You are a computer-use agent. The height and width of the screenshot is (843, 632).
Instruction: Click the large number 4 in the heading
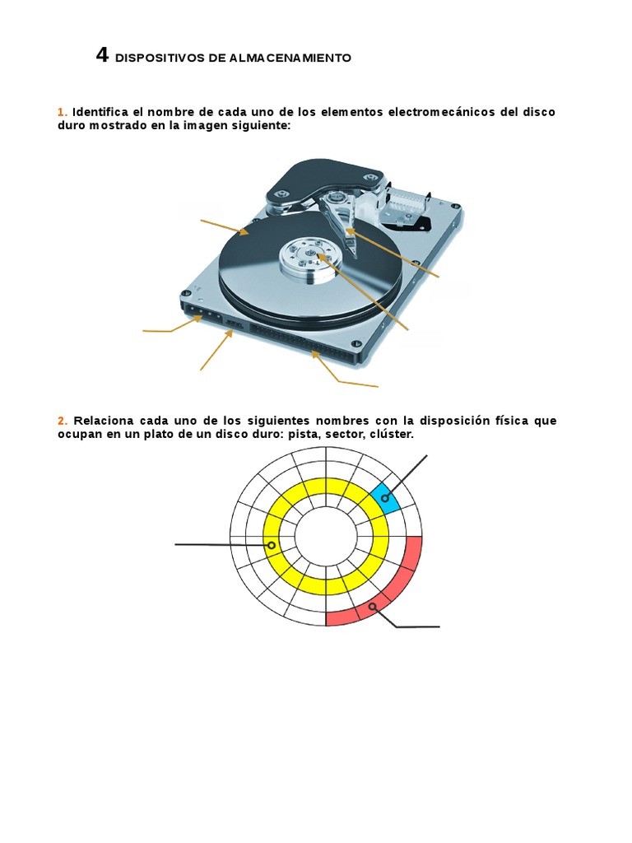102,55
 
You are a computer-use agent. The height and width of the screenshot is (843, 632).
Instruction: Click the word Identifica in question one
100,112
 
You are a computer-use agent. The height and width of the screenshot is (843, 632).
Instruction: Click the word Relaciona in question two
101,421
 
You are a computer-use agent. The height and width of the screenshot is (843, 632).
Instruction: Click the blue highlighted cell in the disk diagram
385,498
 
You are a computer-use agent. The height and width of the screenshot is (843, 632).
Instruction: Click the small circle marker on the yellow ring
272,545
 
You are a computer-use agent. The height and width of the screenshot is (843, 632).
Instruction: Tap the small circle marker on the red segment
372,607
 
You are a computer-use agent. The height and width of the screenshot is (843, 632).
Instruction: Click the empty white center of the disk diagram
326,538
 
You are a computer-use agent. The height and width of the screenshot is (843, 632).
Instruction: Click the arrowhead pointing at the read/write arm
349,231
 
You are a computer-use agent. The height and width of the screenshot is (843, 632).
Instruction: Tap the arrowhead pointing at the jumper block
230,333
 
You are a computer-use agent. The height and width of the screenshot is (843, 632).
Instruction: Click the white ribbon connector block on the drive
408,203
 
